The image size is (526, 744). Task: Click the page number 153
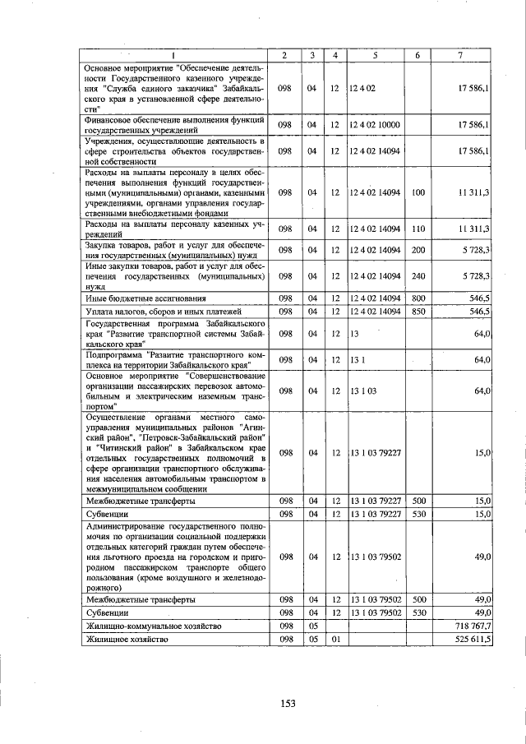click(288, 703)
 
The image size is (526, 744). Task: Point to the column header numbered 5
click(375, 55)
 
